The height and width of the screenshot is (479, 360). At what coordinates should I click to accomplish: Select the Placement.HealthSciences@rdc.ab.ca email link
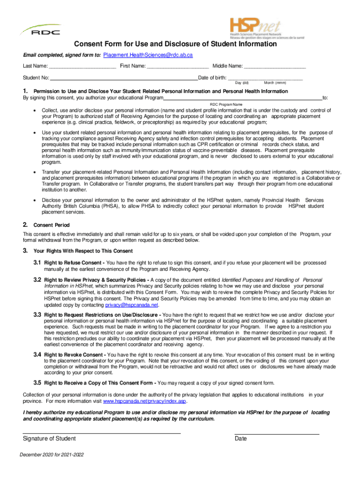pyautogui.click(x=148, y=55)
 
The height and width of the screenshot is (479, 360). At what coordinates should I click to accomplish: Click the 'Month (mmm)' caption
pyautogui.click(x=275, y=83)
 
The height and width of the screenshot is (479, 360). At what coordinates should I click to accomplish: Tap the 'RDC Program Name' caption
pyautogui.click(x=226, y=104)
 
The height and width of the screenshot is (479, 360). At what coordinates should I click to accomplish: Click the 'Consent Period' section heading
pyautogui.click(x=51, y=225)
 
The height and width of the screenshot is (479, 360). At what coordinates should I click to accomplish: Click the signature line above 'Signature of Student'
pyautogui.click(x=102, y=434)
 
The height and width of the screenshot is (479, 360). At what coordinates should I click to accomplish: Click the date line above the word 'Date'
pyautogui.click(x=277, y=434)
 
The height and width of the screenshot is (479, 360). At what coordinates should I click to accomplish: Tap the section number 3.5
pyautogui.click(x=37, y=383)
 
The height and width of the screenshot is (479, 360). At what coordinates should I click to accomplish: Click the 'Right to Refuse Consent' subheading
pyautogui.click(x=74, y=263)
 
